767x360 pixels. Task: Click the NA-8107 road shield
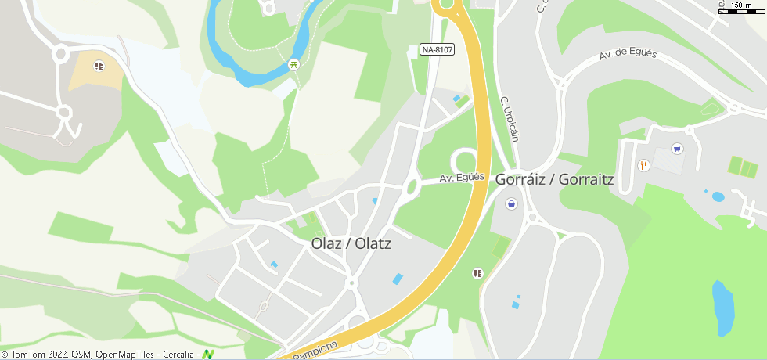(437, 49)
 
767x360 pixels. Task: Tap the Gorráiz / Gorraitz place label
(554, 179)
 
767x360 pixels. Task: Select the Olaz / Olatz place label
(351, 243)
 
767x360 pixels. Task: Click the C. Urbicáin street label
(510, 119)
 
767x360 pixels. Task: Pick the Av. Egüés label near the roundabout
(462, 178)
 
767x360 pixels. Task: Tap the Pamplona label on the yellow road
(316, 349)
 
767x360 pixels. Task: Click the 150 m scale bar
(742, 7)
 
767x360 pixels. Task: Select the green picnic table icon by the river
(293, 64)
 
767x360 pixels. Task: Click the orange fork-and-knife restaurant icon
(643, 165)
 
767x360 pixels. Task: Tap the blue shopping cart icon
(677, 148)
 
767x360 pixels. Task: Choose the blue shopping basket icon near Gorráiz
(511, 204)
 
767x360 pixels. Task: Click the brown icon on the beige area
(98, 66)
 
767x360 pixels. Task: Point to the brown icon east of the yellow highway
(477, 273)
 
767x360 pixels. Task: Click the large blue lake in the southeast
(722, 307)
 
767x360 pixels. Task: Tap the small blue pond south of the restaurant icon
(717, 196)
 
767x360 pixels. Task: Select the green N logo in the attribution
(207, 355)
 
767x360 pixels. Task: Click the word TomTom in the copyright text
(29, 355)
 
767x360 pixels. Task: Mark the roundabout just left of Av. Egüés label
(412, 186)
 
